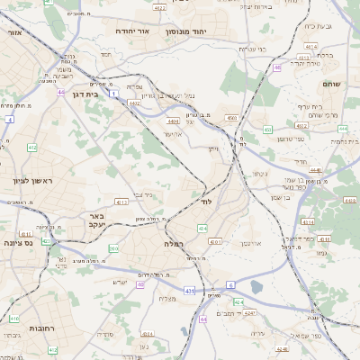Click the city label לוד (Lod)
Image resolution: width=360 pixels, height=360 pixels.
point(206,202)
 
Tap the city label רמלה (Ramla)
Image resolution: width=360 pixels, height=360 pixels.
point(174,244)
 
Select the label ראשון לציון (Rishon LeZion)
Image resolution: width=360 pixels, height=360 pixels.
point(32,183)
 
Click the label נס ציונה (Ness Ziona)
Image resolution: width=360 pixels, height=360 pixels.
point(17,242)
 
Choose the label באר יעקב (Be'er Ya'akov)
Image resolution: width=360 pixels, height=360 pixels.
point(97,221)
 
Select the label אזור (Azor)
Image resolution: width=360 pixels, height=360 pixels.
point(14,32)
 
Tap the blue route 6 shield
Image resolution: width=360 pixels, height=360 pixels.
point(230,284)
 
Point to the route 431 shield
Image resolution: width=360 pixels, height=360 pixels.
point(189,291)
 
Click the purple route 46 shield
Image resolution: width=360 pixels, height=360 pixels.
point(277,67)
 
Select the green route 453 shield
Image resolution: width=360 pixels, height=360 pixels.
point(267,130)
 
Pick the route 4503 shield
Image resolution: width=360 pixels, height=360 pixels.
point(232,118)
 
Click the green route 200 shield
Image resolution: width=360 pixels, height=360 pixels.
point(113,249)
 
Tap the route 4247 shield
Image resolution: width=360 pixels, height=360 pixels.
point(249,312)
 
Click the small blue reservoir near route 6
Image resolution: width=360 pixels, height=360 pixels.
point(256,287)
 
